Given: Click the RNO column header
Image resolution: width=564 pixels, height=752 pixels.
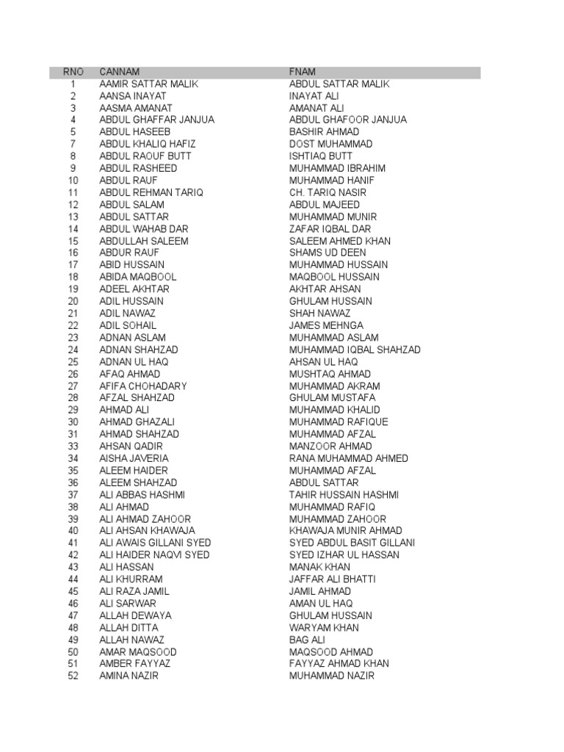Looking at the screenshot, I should [73, 72].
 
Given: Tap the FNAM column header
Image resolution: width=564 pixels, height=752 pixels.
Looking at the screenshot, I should [303, 72].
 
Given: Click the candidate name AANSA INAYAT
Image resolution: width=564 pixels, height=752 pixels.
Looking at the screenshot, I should [133, 96].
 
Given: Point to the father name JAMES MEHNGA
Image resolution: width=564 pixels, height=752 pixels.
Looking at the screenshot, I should [326, 325].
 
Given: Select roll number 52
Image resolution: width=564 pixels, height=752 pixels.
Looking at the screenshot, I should [73, 676].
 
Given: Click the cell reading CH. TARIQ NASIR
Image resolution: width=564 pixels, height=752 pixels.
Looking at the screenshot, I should [328, 192].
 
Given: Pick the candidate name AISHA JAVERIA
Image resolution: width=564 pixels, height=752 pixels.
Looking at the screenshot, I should [134, 458].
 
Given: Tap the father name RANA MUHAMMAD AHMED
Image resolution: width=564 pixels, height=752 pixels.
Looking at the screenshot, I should [349, 458].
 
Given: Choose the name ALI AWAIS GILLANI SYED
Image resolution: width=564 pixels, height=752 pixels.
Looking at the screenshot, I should [155, 543].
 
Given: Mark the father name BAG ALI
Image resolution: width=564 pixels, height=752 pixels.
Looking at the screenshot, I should [307, 640].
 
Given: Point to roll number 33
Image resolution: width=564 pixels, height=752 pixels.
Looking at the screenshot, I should [73, 446].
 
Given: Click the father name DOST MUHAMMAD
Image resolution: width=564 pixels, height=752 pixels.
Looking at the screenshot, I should [330, 144].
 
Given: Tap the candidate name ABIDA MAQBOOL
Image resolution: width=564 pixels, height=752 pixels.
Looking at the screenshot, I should [138, 277].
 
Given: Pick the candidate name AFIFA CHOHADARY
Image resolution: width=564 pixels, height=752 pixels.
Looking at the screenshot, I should [143, 386].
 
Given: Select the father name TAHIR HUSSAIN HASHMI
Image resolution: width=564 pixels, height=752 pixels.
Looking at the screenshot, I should [344, 495].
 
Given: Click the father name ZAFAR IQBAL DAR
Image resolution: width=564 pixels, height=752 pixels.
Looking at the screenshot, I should [330, 228].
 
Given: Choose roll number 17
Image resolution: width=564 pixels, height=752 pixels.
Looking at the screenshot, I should [73, 264].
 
